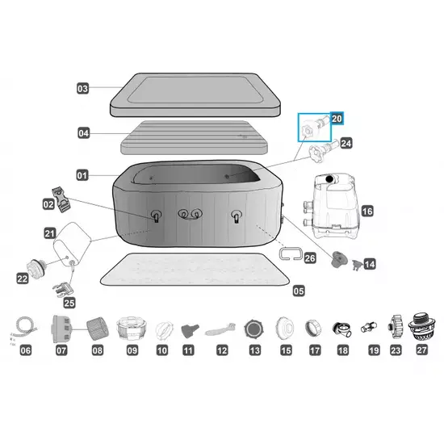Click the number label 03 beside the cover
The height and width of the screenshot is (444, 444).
click(x=82, y=88)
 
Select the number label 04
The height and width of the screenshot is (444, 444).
click(x=83, y=133)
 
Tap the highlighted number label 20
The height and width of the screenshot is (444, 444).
click(x=337, y=119)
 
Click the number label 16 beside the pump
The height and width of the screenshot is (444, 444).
click(x=367, y=211)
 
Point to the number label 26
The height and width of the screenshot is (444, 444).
click(x=310, y=258)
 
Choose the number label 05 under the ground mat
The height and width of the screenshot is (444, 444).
click(x=299, y=291)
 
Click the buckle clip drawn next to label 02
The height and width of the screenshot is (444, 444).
click(x=61, y=199)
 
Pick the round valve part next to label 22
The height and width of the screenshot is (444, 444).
click(x=36, y=268)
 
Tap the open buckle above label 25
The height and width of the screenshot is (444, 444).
click(x=61, y=290)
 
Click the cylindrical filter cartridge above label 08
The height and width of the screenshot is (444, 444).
click(x=98, y=329)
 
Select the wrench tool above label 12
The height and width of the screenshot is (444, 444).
click(x=220, y=329)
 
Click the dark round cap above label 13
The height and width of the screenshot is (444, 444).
click(x=254, y=329)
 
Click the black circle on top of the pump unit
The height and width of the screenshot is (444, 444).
click(x=329, y=179)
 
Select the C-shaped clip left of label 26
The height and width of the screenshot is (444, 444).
click(x=291, y=253)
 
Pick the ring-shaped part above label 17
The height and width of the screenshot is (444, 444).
click(x=313, y=328)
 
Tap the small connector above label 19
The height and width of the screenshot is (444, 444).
click(x=369, y=327)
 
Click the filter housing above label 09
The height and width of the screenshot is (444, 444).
click(x=132, y=329)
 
